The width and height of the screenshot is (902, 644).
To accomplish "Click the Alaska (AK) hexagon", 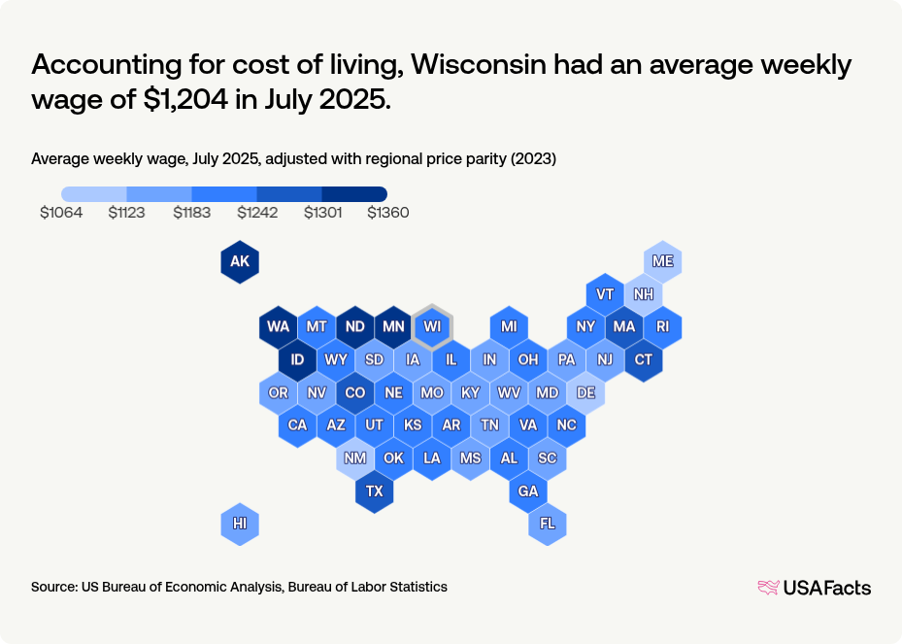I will (240, 262).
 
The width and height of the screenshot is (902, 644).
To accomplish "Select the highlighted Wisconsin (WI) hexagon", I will (432, 326).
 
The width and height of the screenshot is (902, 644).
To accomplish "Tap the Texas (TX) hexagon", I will (375, 491).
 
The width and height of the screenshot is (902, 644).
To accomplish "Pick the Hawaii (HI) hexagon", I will (240, 524).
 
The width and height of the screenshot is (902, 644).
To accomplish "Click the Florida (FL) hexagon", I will (548, 524).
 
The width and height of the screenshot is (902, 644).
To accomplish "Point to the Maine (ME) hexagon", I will (663, 262).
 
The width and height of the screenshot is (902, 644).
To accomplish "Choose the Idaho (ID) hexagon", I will (297, 360).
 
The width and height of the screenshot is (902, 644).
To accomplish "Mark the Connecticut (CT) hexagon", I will (644, 360).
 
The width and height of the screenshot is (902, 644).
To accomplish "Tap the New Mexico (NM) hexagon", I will (355, 458).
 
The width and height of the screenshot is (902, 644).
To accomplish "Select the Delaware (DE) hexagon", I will (585, 392).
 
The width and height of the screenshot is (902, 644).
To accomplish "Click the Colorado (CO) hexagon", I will (355, 392).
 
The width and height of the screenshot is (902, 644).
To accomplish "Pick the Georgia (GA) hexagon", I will (528, 491).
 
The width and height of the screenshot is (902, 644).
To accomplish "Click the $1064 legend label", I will (61, 213).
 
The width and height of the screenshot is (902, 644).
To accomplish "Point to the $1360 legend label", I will (387, 213).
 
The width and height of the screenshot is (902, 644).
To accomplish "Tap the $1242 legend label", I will (257, 213).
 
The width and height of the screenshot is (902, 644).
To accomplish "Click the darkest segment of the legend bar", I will (354, 194).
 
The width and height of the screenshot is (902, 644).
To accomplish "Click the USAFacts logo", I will (814, 587).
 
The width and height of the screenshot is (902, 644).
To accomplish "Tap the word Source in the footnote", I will (53, 587).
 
